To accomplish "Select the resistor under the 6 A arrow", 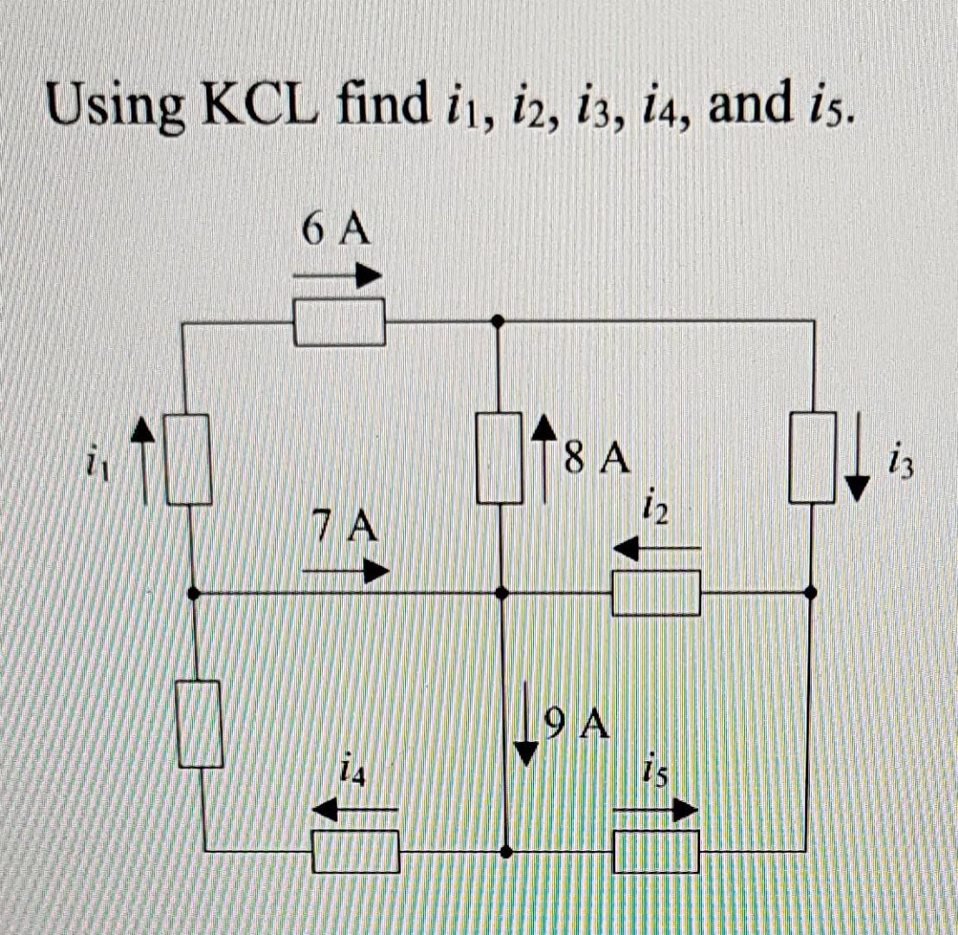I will pos(339,321).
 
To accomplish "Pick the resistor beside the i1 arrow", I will pos(188,459).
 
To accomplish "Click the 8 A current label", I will pos(595,457).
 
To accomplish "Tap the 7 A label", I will pos(345,525).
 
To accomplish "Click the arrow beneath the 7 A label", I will pos(345,571).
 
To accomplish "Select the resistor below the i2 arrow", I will pos(656,593).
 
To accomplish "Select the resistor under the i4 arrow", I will pos(356,851).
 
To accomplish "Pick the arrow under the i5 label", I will pos(655,810).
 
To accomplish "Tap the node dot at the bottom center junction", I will pos(505,853).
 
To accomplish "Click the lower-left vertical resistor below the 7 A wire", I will pos(202,725).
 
